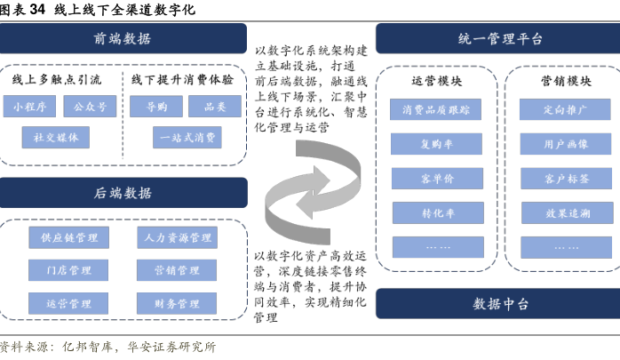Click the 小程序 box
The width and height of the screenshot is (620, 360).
[x=29, y=106]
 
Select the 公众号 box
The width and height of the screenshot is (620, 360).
[x=90, y=106]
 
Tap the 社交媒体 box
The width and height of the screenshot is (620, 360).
[x=56, y=137]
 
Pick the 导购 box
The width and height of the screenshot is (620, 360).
[x=156, y=106]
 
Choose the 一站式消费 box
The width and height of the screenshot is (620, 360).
[x=187, y=137]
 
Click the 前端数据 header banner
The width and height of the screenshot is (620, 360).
[x=123, y=38]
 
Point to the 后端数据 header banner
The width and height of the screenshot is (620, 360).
[x=123, y=193]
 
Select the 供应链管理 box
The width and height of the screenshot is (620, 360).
[x=68, y=237]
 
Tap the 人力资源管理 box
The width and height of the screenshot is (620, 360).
[x=177, y=237]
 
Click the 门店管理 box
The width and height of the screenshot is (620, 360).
[x=68, y=270]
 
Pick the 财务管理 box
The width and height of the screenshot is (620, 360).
[x=177, y=303]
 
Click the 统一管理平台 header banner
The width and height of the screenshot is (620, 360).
[x=497, y=38]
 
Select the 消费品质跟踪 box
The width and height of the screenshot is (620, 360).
[x=436, y=109]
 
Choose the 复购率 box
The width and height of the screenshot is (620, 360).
[x=436, y=144]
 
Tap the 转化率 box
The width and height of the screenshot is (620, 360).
[x=438, y=212]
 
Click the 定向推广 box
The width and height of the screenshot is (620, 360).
[x=565, y=109]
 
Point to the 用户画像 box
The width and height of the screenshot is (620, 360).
[x=566, y=144]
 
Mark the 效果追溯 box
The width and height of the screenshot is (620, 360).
[x=567, y=212]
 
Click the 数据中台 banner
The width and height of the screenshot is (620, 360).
[x=497, y=303]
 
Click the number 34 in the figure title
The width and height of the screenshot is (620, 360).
[x=37, y=9]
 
